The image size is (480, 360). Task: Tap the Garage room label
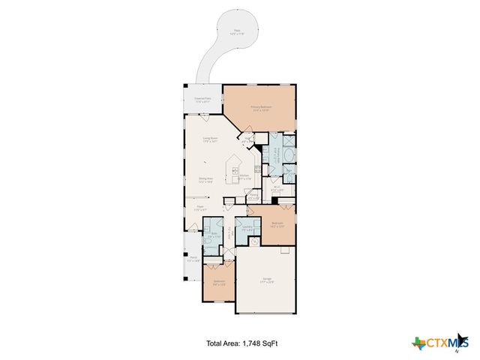click(268, 281)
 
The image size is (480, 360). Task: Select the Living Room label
click(210, 140)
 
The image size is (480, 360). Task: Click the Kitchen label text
click(244, 177)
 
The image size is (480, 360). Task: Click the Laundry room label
click(247, 227)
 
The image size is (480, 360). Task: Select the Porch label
click(193, 259)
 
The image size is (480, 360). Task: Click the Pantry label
click(254, 196)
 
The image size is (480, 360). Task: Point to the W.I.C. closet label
click(277, 189)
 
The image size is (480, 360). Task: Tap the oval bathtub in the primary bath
click(291, 157)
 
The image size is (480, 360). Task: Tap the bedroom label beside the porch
click(218, 283)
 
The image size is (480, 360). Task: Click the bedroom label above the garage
click(277, 224)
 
